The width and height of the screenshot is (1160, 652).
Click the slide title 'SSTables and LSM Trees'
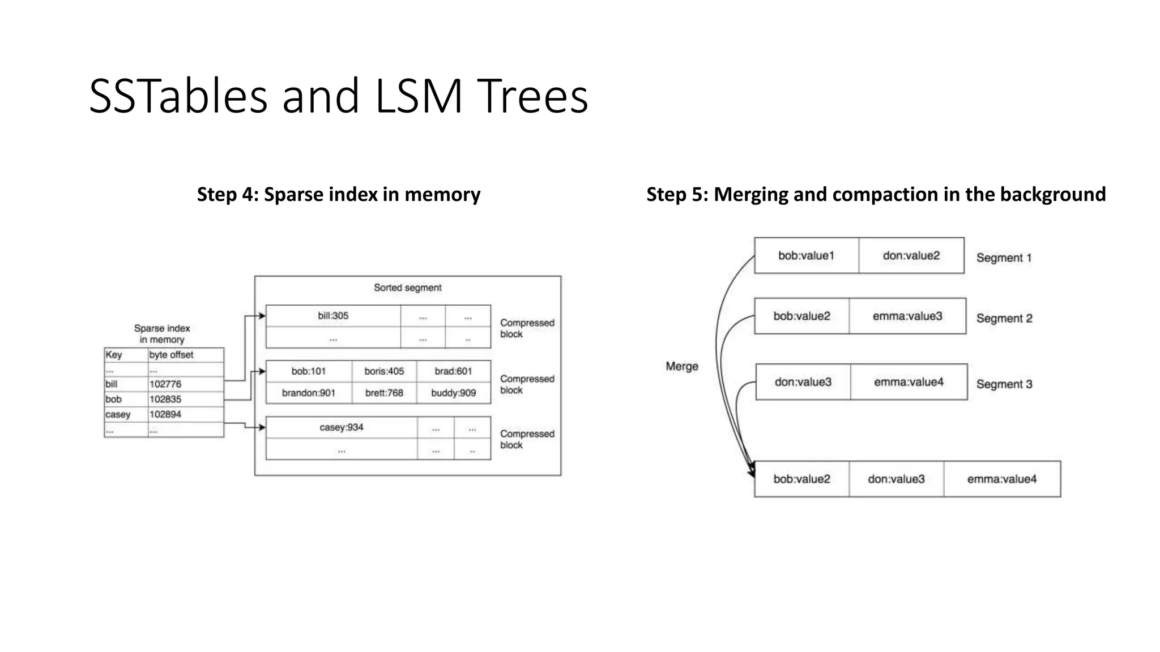pyautogui.click(x=338, y=96)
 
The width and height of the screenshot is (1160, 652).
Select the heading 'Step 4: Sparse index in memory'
pyautogui.click(x=338, y=194)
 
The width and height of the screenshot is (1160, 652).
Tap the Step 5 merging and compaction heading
pyautogui.click(x=876, y=194)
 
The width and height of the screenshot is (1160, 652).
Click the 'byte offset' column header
pyautogui.click(x=171, y=355)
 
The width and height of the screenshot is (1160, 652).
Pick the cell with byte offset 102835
pyautogui.click(x=165, y=399)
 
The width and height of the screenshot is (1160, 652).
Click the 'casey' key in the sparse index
pyautogui.click(x=118, y=414)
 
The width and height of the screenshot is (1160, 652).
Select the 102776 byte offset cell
pyautogui.click(x=165, y=384)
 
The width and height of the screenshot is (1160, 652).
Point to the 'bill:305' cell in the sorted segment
pyautogui.click(x=333, y=316)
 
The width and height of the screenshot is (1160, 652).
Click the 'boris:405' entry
pyautogui.click(x=384, y=371)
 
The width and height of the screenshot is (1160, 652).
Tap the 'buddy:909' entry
pyautogui.click(x=453, y=393)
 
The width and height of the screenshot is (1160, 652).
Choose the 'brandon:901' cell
pyautogui.click(x=309, y=393)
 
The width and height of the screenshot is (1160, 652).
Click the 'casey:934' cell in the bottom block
pyautogui.click(x=342, y=427)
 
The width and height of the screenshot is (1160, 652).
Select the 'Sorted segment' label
pyautogui.click(x=407, y=288)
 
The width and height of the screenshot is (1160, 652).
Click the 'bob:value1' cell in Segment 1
pyautogui.click(x=806, y=256)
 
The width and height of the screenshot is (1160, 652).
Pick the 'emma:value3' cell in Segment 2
pyautogui.click(x=907, y=316)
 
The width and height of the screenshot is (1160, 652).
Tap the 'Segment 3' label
pyautogui.click(x=1004, y=384)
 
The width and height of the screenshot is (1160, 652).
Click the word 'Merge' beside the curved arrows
pyautogui.click(x=682, y=366)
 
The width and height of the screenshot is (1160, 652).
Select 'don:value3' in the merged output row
pyautogui.click(x=896, y=479)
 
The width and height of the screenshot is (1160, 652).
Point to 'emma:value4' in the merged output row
pyautogui.click(x=1001, y=479)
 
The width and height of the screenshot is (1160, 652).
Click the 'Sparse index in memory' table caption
pyautogui.click(x=162, y=334)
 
